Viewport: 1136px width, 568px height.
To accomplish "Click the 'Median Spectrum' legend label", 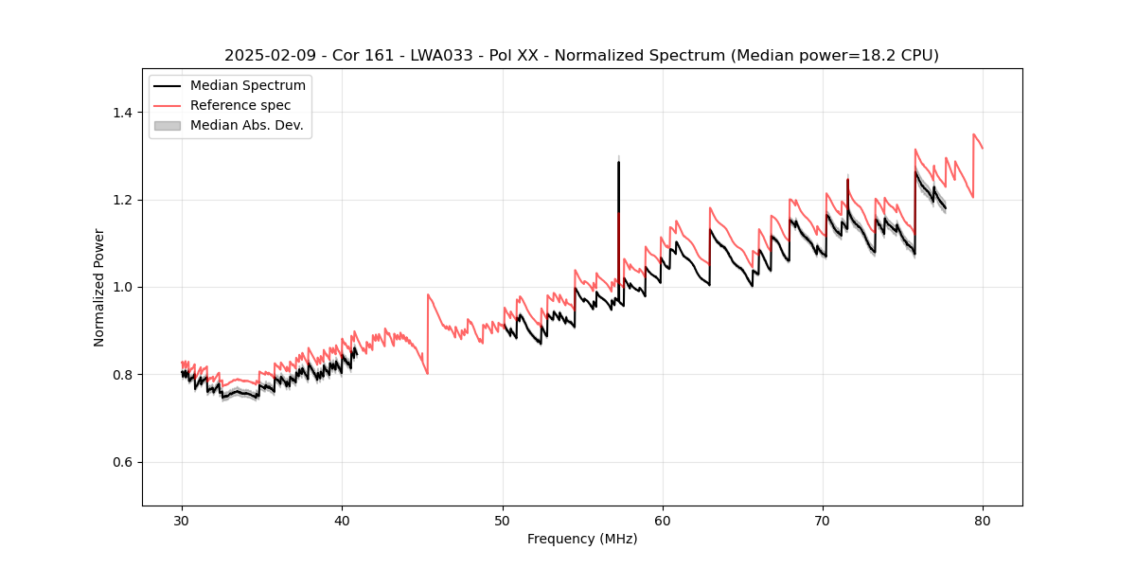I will coord(247,85).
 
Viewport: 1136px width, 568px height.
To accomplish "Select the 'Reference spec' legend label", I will coord(240,105).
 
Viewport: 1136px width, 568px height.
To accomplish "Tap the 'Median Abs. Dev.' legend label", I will coord(246,125).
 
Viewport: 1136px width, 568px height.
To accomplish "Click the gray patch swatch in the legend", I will coord(167,125).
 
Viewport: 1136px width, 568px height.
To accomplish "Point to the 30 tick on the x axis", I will coord(183,506).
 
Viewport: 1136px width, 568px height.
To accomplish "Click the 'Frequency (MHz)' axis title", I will coord(582,539).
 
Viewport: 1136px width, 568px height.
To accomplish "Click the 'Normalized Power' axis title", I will coord(99,287).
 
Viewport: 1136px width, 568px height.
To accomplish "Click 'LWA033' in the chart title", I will coord(441,56).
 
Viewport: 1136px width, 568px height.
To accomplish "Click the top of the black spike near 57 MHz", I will coord(618,162).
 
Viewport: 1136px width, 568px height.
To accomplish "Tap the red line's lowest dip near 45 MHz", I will coord(427,374).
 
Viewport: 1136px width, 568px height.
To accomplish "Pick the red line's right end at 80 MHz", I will coord(983,149).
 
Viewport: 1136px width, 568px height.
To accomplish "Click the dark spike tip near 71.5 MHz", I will coord(847,179).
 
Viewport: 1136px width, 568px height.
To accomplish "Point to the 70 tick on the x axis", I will coord(823,506).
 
